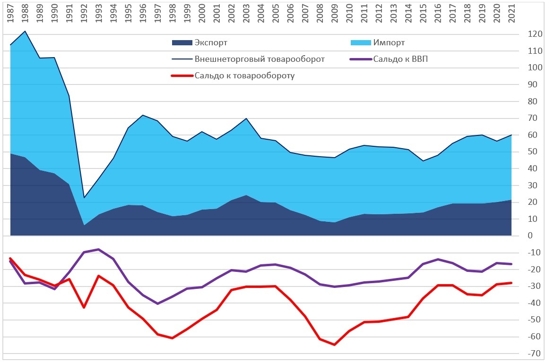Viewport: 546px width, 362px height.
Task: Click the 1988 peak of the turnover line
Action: (25, 31)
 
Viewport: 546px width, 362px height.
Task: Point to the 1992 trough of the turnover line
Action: (84, 197)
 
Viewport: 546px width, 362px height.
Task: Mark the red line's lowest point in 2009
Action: (335, 345)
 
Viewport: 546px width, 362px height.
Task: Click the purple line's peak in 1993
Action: (99, 249)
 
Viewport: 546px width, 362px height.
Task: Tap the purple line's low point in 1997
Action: (158, 303)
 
